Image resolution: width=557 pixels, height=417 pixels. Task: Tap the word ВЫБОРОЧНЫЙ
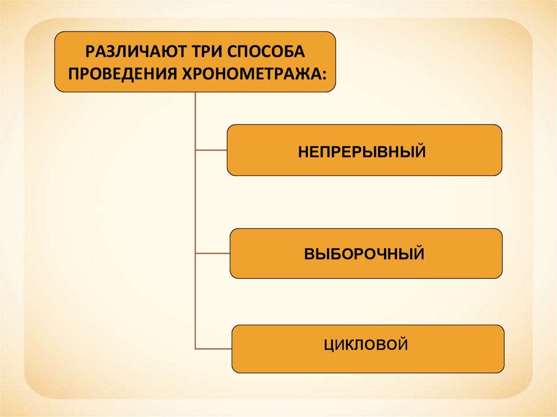click(364, 254)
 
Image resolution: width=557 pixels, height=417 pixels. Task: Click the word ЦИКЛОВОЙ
click(366, 344)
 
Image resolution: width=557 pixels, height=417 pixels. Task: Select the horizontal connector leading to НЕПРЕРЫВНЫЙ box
click(211, 150)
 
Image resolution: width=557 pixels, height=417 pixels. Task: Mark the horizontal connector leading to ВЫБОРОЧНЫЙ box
click(213, 253)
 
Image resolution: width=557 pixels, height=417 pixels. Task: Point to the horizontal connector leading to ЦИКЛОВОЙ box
click(214, 348)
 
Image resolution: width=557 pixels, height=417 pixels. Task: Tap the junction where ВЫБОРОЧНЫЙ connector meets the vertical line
click(195, 253)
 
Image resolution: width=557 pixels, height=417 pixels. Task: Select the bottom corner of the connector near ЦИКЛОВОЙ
click(195, 348)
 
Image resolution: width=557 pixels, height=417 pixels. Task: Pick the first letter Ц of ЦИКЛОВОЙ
click(328, 345)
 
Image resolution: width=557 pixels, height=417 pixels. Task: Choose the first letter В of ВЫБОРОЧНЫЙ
click(308, 254)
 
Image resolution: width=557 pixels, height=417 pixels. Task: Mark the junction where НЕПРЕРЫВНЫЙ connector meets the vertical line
click(195, 150)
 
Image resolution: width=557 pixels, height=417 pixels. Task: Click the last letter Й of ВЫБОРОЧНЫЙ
click(419, 253)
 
